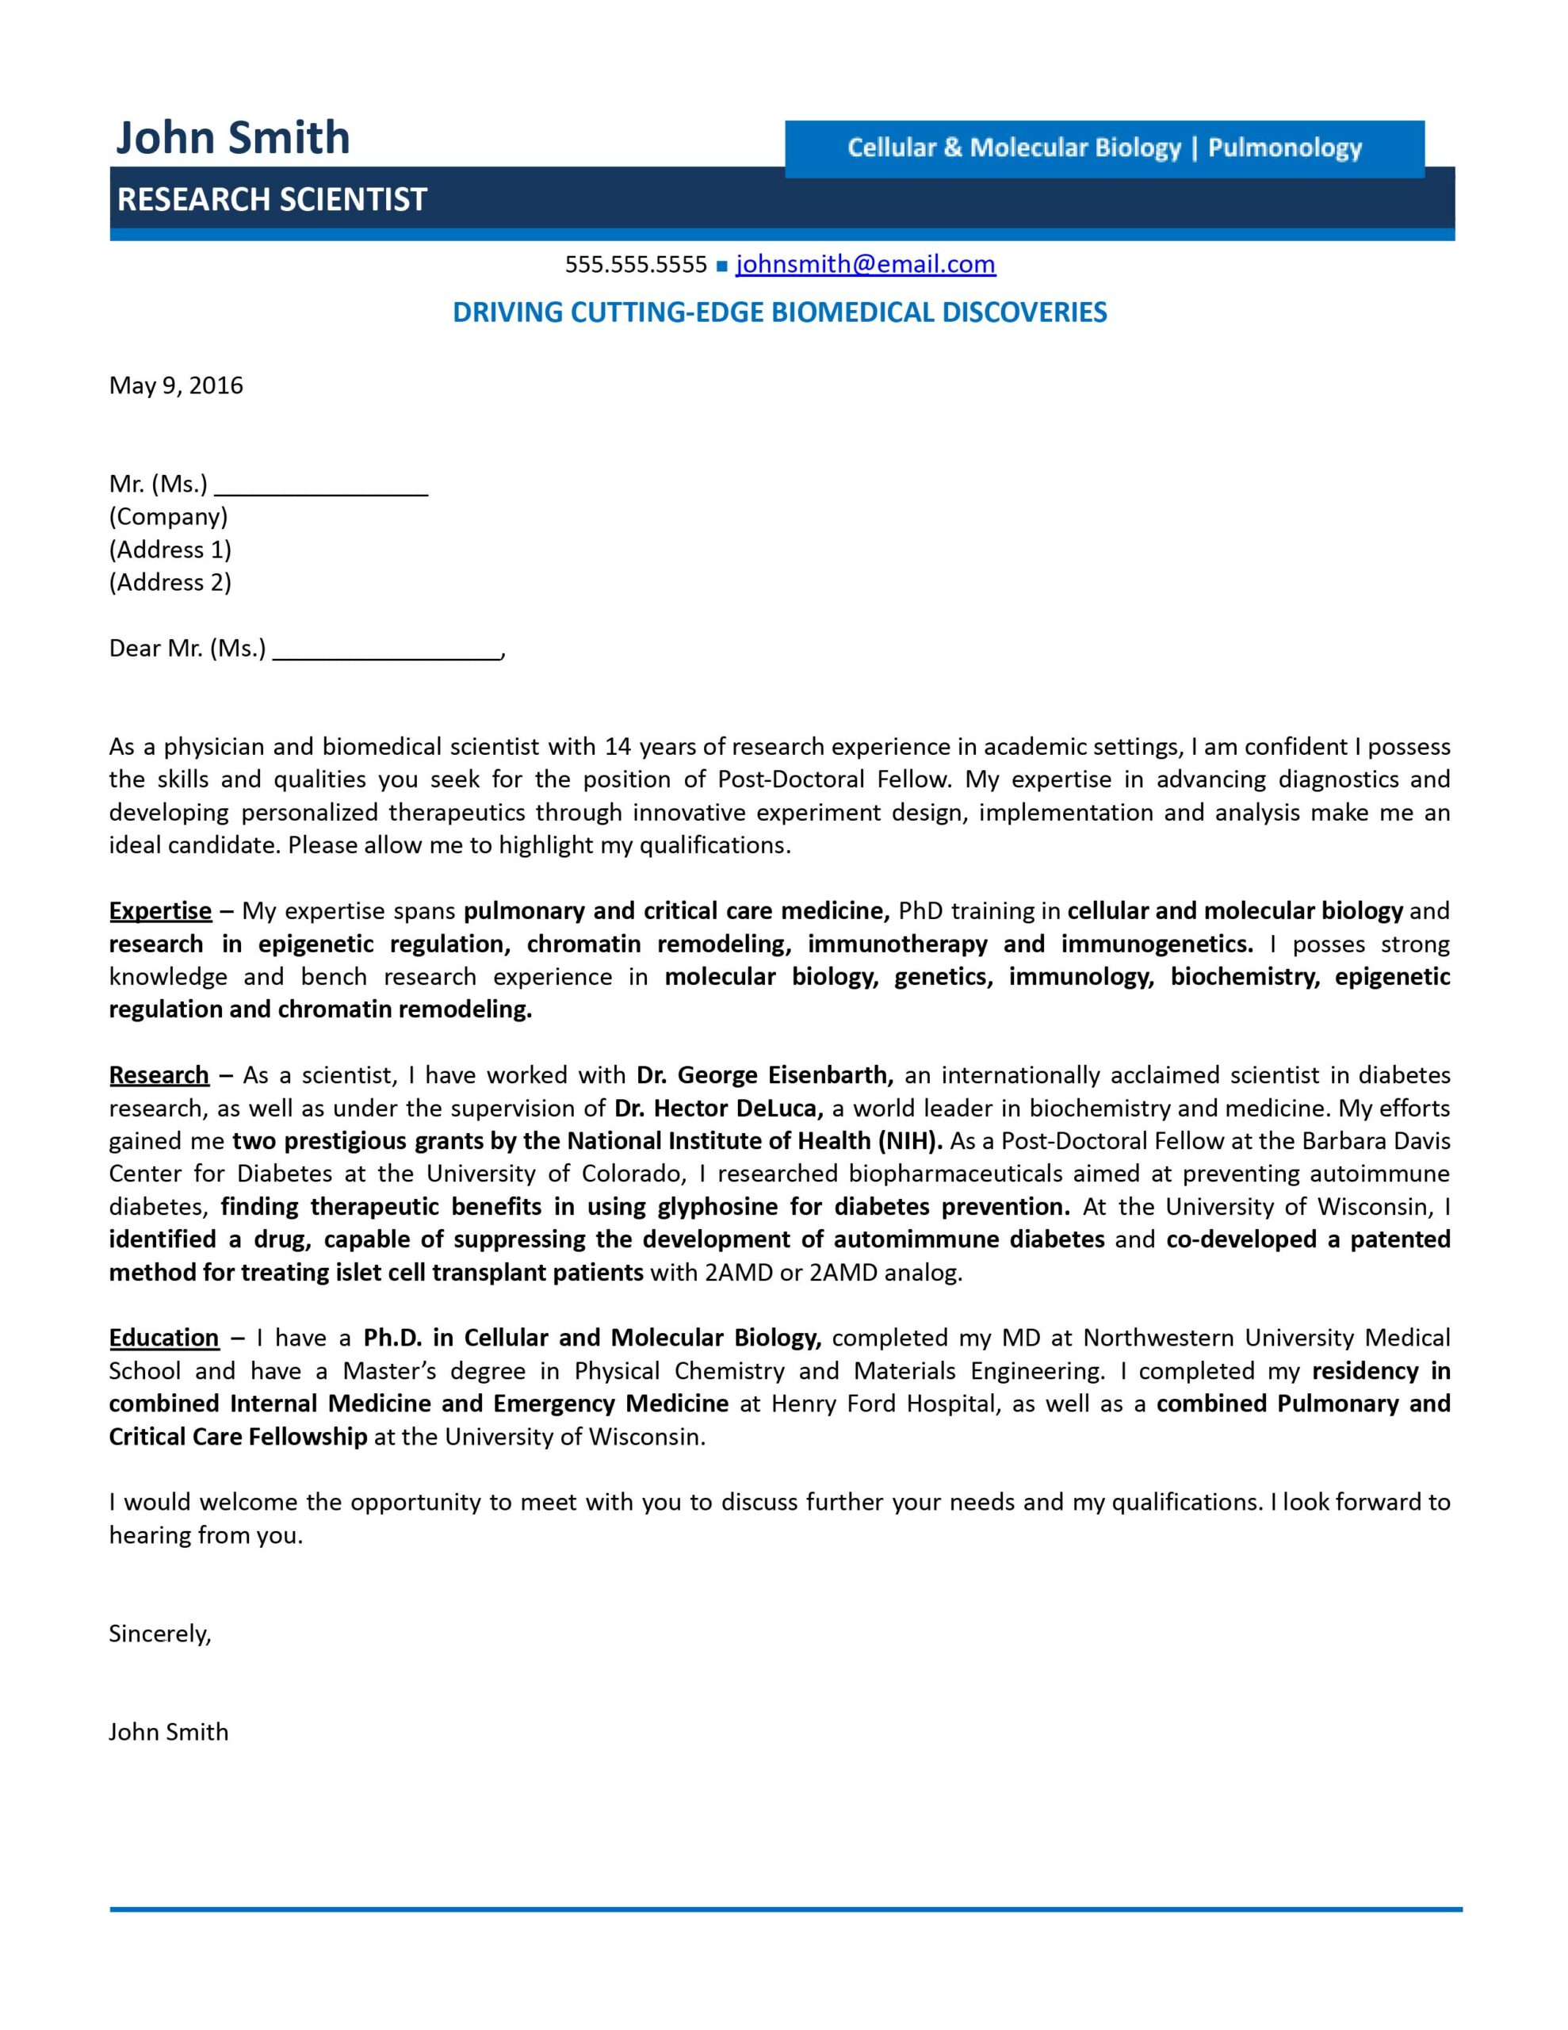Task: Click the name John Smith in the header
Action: click(232, 139)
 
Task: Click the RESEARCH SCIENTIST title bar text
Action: click(271, 200)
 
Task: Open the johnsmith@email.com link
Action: click(866, 265)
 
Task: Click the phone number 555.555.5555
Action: click(636, 265)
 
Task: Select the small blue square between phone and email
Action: click(722, 266)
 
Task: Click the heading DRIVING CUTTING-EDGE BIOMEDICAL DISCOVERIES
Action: click(779, 312)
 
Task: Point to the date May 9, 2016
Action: click(176, 385)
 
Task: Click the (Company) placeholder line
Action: click(168, 517)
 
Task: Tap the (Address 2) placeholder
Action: click(170, 583)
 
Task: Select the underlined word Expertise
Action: click(160, 911)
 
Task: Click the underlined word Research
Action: click(159, 1075)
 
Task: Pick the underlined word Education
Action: click(163, 1338)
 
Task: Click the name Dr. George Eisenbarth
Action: click(764, 1075)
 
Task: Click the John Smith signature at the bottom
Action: click(168, 1733)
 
